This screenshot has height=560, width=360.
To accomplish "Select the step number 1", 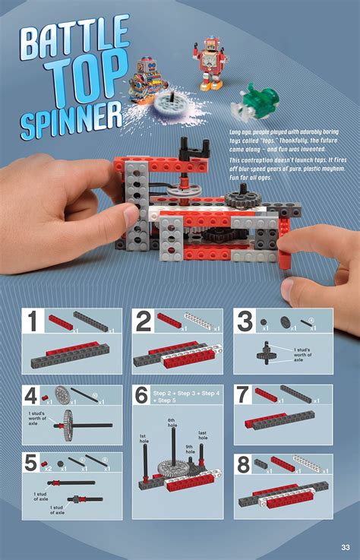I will (x=33, y=322).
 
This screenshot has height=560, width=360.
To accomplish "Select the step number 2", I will (x=143, y=322).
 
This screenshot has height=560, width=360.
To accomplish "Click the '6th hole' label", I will (x=172, y=424).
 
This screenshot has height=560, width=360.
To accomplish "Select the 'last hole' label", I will (x=203, y=435).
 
